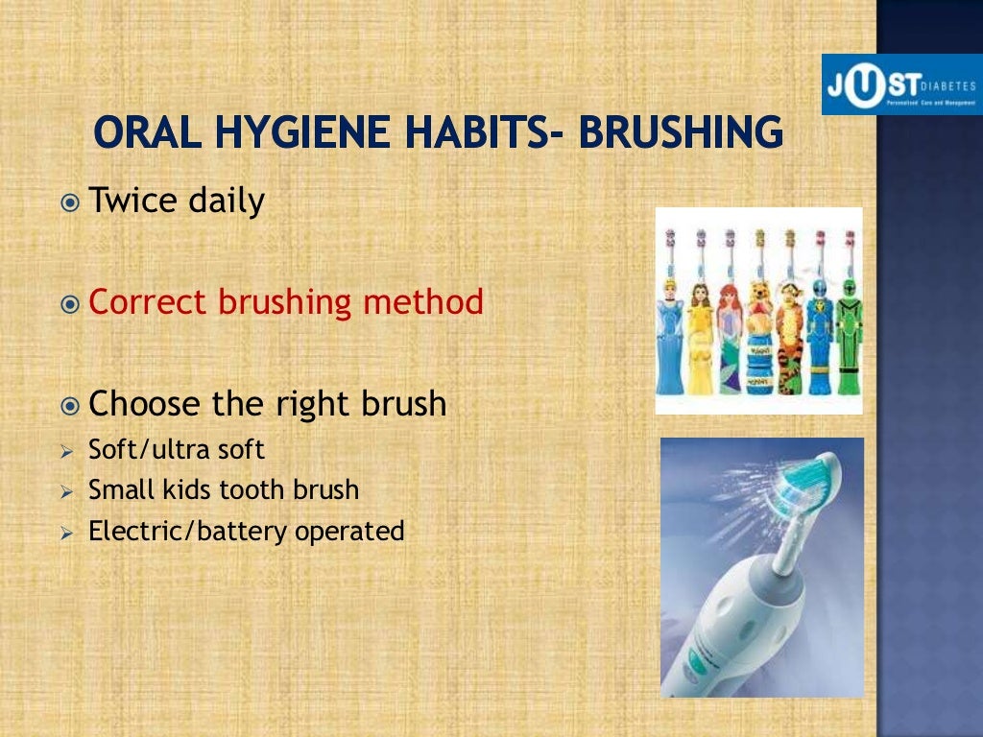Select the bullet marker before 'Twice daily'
70,202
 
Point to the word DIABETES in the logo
949,84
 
